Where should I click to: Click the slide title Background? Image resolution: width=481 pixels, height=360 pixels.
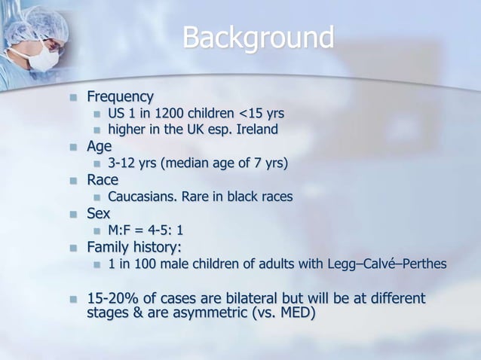tap(258, 37)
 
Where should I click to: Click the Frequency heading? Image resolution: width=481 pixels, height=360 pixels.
tap(120, 97)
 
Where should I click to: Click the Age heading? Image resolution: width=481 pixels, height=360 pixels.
tap(99, 146)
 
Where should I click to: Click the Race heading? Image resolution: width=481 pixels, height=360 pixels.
tap(103, 180)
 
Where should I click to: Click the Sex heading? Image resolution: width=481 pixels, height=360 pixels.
tap(99, 213)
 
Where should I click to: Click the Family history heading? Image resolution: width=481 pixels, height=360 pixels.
tap(134, 247)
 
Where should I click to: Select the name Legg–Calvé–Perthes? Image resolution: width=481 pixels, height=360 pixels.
tap(387, 264)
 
